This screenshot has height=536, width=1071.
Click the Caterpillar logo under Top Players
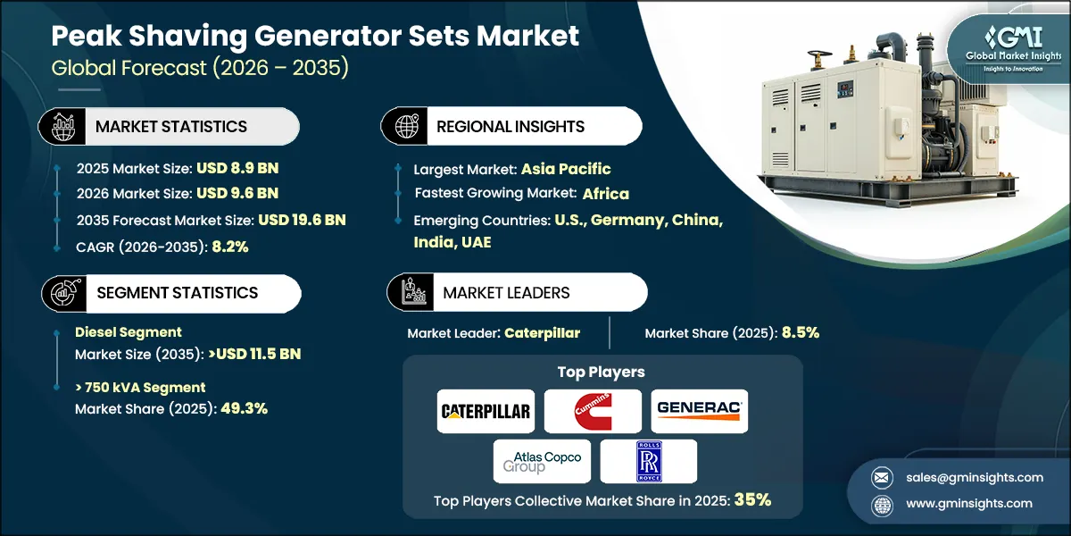486,412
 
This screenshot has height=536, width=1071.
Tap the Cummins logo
593,412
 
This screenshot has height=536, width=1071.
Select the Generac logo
700,411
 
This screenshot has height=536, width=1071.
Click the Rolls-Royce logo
648,461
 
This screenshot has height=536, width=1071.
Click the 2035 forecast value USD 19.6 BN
302,220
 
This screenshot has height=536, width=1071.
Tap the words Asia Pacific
566,168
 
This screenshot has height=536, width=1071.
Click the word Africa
606,193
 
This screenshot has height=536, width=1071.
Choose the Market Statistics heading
171,127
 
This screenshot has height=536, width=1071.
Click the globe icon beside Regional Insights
404,126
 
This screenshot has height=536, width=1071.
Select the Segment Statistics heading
177,292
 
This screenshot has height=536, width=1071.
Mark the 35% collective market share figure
752,501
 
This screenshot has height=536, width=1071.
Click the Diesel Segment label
129,332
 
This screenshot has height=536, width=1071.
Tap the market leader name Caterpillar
542,333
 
